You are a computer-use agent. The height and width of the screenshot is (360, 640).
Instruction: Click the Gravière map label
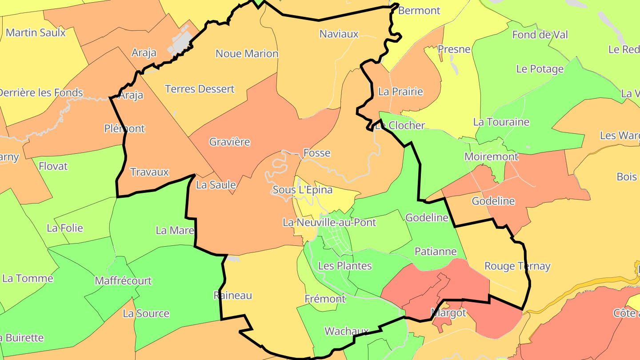(230, 142)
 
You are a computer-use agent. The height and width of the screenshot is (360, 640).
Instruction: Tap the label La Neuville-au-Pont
(329, 222)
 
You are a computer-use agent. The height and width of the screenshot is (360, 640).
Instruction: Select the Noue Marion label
(247, 54)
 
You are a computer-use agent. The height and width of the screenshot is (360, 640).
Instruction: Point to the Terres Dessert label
(200, 89)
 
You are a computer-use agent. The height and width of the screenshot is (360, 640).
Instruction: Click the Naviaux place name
(339, 34)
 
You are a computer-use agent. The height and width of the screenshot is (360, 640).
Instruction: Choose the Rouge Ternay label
(517, 266)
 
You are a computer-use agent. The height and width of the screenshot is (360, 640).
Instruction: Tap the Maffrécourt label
(123, 281)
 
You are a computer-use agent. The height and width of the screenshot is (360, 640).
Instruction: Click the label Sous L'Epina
(302, 190)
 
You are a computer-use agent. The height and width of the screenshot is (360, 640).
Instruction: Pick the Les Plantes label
(345, 266)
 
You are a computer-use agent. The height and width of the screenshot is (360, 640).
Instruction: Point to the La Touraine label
(501, 122)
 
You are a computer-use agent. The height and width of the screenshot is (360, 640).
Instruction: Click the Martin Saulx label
(36, 32)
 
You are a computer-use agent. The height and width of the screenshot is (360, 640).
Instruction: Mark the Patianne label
(436, 252)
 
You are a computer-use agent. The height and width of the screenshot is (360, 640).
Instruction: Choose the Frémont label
(325, 299)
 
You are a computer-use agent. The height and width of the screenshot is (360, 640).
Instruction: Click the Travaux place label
(149, 172)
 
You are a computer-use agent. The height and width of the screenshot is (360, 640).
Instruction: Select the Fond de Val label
(540, 35)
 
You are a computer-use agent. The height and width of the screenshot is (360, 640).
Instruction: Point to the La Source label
(146, 313)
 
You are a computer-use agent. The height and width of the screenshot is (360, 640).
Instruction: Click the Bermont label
(419, 11)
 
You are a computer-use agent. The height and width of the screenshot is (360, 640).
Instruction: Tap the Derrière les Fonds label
(41, 93)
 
